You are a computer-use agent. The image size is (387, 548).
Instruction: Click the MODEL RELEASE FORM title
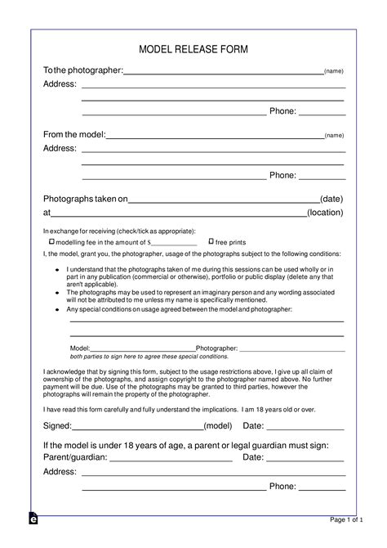click(193, 50)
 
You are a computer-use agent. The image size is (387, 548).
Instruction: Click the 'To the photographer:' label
click(82, 71)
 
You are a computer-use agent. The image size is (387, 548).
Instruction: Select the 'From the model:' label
click(74, 134)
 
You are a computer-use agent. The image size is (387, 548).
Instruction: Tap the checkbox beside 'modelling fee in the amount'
click(51, 242)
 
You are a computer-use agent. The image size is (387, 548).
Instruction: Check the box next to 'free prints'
click(211, 242)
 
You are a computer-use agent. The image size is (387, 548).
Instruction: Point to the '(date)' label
click(331, 199)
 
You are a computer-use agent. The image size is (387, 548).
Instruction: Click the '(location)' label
click(325, 213)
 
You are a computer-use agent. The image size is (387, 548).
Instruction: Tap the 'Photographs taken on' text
click(86, 199)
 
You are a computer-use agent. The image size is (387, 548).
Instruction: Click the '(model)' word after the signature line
click(218, 426)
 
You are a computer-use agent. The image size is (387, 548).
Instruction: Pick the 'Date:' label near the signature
click(253, 426)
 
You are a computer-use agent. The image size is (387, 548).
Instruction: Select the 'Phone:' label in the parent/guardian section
click(282, 487)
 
